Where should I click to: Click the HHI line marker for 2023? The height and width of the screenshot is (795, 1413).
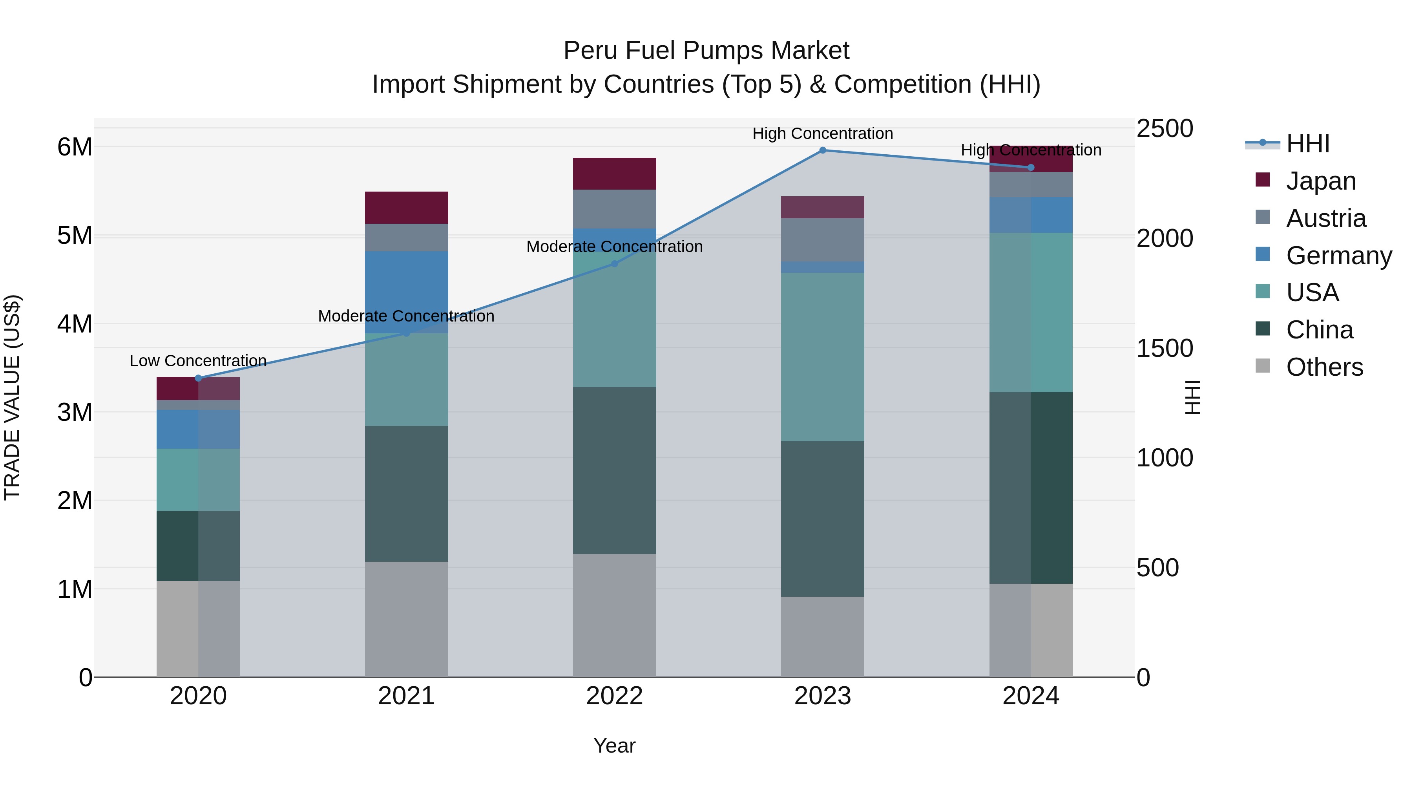click(822, 150)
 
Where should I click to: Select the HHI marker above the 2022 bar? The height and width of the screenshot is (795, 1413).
click(614, 264)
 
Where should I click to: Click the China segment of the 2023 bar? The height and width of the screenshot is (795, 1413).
click(822, 519)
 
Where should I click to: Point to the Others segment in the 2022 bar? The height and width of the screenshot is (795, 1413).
click(614, 615)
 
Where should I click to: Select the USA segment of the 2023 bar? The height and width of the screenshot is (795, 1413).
click(822, 356)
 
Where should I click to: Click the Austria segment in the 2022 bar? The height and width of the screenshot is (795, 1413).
click(614, 209)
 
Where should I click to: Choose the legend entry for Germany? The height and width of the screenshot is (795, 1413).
click(1338, 256)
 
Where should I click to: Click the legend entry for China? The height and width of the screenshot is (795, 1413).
click(1319, 330)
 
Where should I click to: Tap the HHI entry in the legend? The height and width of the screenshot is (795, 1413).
click(1308, 144)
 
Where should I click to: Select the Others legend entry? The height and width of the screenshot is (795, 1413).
click(1324, 367)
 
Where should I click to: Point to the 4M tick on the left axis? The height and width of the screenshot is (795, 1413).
click(75, 324)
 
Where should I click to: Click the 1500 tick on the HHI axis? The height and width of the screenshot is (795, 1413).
click(1164, 348)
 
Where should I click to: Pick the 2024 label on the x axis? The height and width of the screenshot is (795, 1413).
click(1030, 696)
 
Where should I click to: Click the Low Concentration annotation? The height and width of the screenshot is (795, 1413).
click(198, 361)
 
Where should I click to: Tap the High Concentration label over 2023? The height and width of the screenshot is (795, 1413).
click(822, 133)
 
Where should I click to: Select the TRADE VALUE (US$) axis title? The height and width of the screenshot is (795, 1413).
click(12, 397)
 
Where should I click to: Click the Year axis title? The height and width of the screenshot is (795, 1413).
click(614, 746)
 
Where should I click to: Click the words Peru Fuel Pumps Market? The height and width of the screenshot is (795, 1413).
click(706, 51)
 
